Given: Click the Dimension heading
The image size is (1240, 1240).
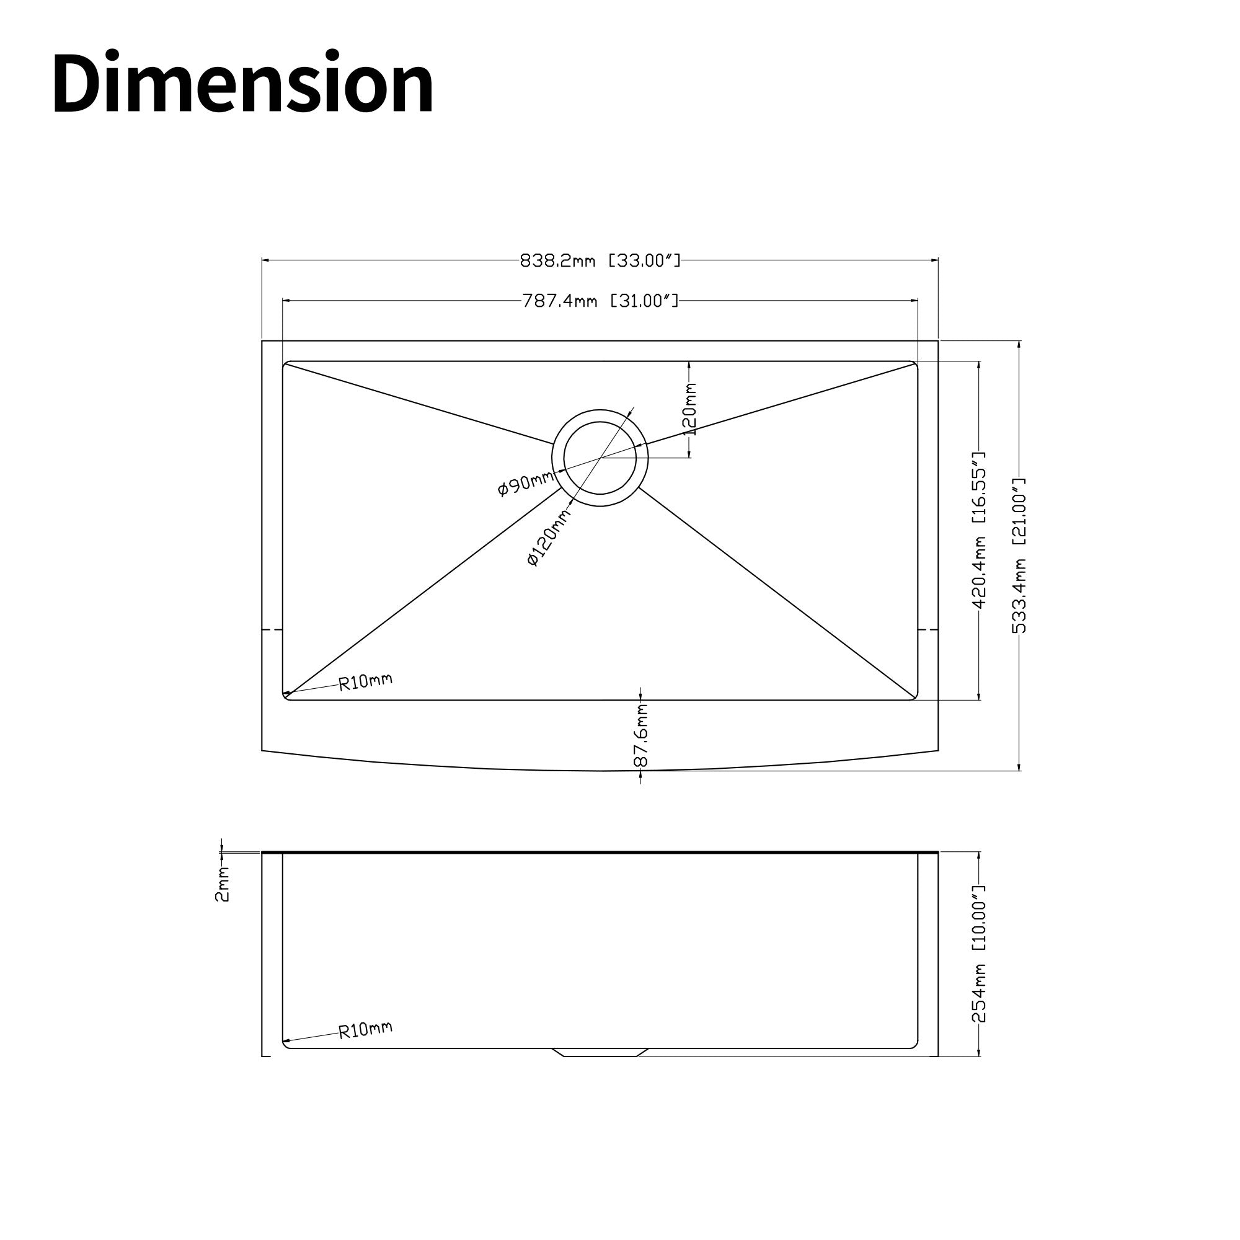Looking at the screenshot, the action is (243, 83).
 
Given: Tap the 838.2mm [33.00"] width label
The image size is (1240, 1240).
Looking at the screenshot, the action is (600, 260).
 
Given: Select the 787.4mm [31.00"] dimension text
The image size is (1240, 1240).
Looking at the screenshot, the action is (600, 300).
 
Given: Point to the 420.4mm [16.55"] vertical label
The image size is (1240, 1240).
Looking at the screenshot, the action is (979, 530).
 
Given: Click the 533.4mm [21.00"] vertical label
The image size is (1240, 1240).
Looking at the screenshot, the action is (1019, 556).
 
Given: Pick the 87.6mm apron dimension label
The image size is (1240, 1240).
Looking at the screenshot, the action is (641, 735).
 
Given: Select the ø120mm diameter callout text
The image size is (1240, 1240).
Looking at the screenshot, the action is (549, 538).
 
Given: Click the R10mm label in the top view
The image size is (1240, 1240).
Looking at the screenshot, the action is (365, 681).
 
